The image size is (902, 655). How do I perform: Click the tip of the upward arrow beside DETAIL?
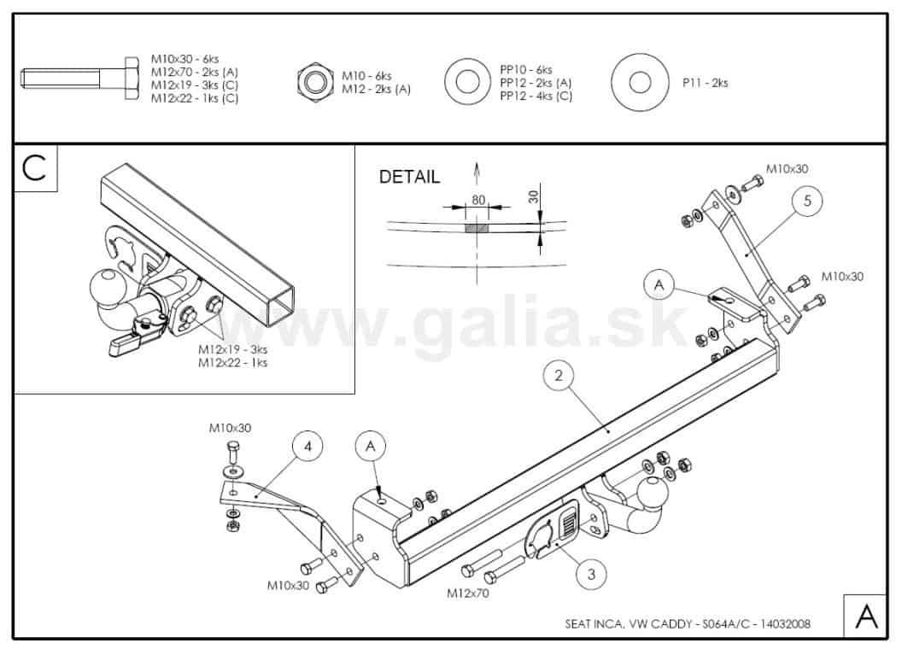coord(477,163)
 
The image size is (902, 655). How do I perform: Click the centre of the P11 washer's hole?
coord(640,82)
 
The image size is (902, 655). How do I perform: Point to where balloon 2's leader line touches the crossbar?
coord(609,430)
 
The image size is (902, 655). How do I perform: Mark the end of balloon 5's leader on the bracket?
coord(746,254)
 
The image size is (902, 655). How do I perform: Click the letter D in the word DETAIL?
coord(385,177)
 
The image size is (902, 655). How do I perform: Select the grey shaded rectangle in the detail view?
coord(477,228)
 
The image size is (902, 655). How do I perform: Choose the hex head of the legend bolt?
coord(132,79)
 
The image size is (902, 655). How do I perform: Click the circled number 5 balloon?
coord(807,201)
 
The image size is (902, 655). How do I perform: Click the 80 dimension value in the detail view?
coord(478,200)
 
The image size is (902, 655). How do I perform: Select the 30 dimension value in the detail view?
coord(534,196)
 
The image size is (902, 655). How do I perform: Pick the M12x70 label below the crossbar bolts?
coord(468,593)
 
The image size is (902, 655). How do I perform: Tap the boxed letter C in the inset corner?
coord(35,167)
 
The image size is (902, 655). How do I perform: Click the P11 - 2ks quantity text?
coord(706,83)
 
